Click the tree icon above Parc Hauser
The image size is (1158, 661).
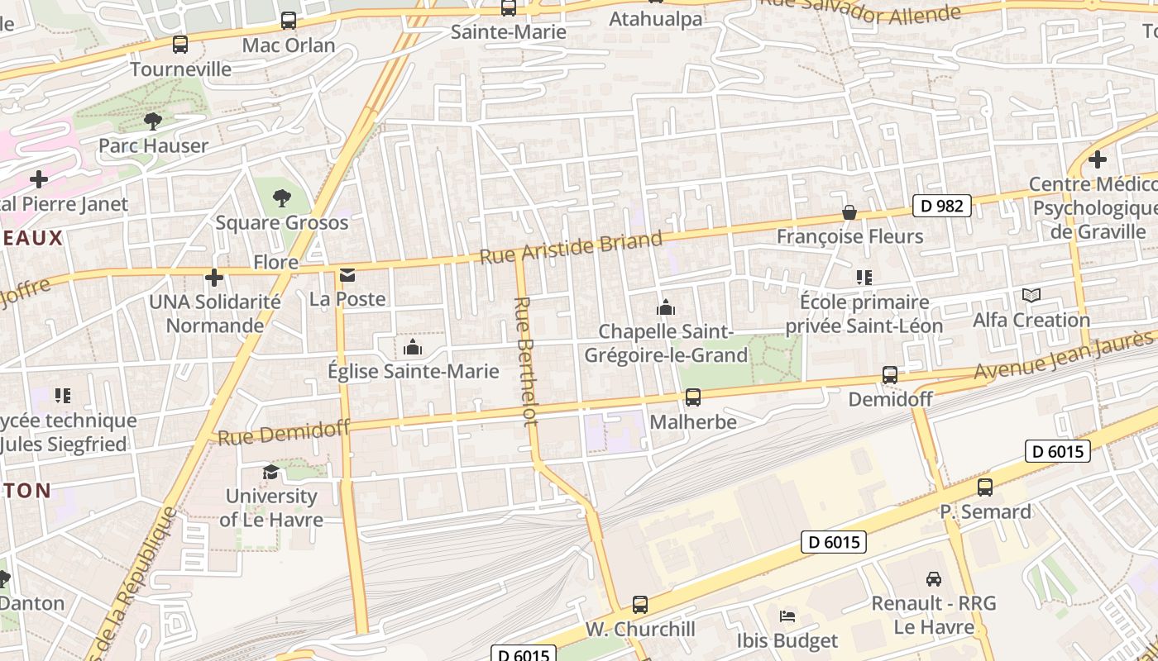[x=153, y=121]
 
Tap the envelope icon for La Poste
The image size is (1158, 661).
[x=347, y=274]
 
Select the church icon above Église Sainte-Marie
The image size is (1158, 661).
[x=413, y=347]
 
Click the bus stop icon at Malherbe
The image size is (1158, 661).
[x=693, y=397]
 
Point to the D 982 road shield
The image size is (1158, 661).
[x=941, y=206]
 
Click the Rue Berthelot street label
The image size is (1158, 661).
[x=527, y=361]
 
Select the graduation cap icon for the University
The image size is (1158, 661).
[x=270, y=472]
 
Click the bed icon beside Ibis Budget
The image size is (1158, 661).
[x=787, y=616]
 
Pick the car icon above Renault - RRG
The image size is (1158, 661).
[x=934, y=578]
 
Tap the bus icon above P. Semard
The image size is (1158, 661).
[x=985, y=487]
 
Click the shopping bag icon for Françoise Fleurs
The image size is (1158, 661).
[x=849, y=212]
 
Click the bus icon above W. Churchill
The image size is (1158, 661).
[x=640, y=605]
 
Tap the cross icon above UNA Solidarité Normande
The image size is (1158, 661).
[x=214, y=278]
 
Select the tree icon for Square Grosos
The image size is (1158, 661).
[x=282, y=198]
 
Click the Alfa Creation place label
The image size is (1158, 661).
[x=1031, y=320]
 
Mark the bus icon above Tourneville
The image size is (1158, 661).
[x=180, y=45]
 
